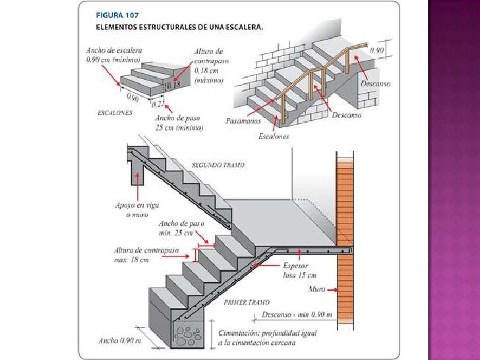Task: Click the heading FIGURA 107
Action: [x=117, y=14]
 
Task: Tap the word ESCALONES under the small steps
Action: [x=115, y=113]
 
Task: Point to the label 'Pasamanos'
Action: [x=243, y=121]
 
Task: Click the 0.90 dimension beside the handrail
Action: [x=376, y=50]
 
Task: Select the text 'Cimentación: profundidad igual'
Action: [x=268, y=334]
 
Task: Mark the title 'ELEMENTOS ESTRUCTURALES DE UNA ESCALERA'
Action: [x=180, y=28]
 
